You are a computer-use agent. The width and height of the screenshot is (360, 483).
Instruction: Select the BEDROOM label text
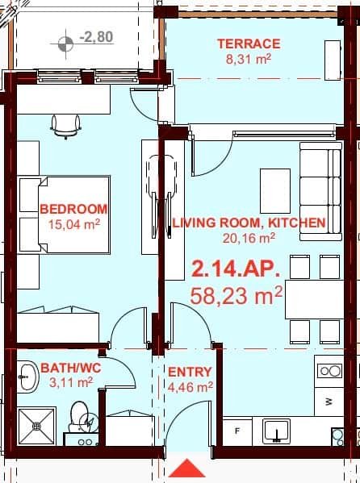click(73, 209)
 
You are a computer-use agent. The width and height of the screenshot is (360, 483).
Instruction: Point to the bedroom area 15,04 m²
click(73, 224)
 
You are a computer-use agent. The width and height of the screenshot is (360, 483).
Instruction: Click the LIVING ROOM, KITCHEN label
click(249, 222)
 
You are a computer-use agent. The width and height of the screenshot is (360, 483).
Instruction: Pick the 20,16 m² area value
click(249, 237)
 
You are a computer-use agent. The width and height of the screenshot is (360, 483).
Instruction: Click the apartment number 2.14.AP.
click(237, 268)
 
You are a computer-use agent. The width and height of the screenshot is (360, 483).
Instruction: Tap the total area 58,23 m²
click(237, 294)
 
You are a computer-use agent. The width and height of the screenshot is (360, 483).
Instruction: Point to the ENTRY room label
click(189, 372)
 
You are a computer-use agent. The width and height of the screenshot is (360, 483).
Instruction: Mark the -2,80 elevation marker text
click(95, 37)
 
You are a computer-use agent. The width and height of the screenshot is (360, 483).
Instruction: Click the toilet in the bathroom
click(82, 416)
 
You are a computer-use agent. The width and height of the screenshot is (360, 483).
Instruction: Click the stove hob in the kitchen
click(329, 371)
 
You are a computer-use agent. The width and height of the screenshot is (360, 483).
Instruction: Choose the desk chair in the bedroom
click(65, 125)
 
